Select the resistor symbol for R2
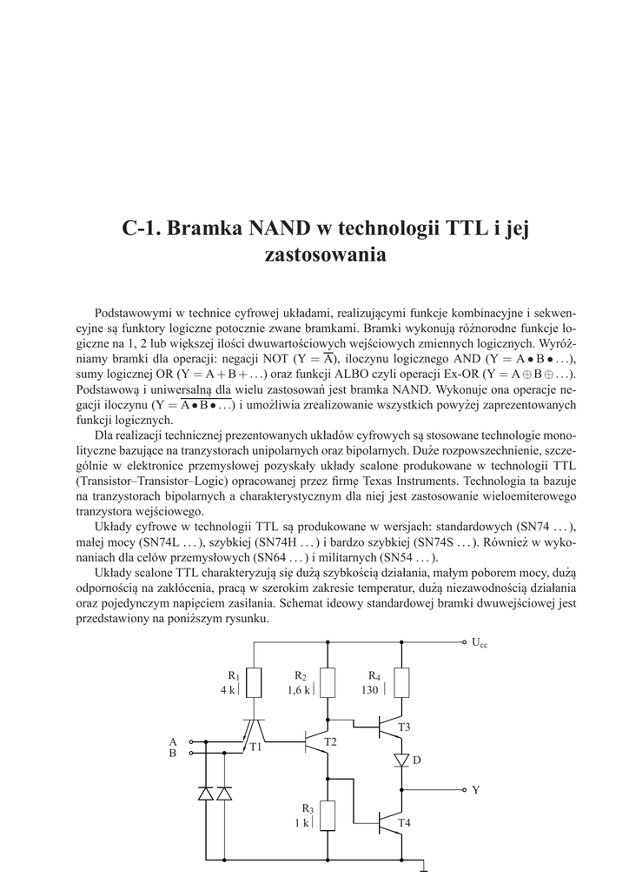328,683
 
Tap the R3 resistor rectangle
328,816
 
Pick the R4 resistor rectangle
401,683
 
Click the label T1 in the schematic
255,747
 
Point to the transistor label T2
329,741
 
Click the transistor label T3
404,727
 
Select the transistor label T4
404,822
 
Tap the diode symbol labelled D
401,760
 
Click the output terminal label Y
475,791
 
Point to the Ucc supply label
480,643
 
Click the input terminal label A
173,741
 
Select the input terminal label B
173,753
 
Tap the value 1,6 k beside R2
299,689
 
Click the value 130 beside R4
370,689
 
